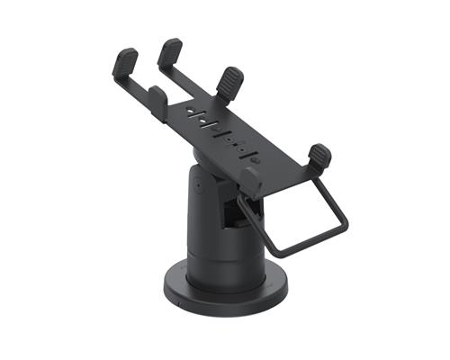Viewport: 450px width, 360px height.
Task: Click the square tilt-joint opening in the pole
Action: (x=233, y=211)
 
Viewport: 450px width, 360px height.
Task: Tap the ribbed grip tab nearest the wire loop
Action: (x=319, y=157)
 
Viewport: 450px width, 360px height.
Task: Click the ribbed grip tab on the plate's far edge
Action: (x=230, y=83)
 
